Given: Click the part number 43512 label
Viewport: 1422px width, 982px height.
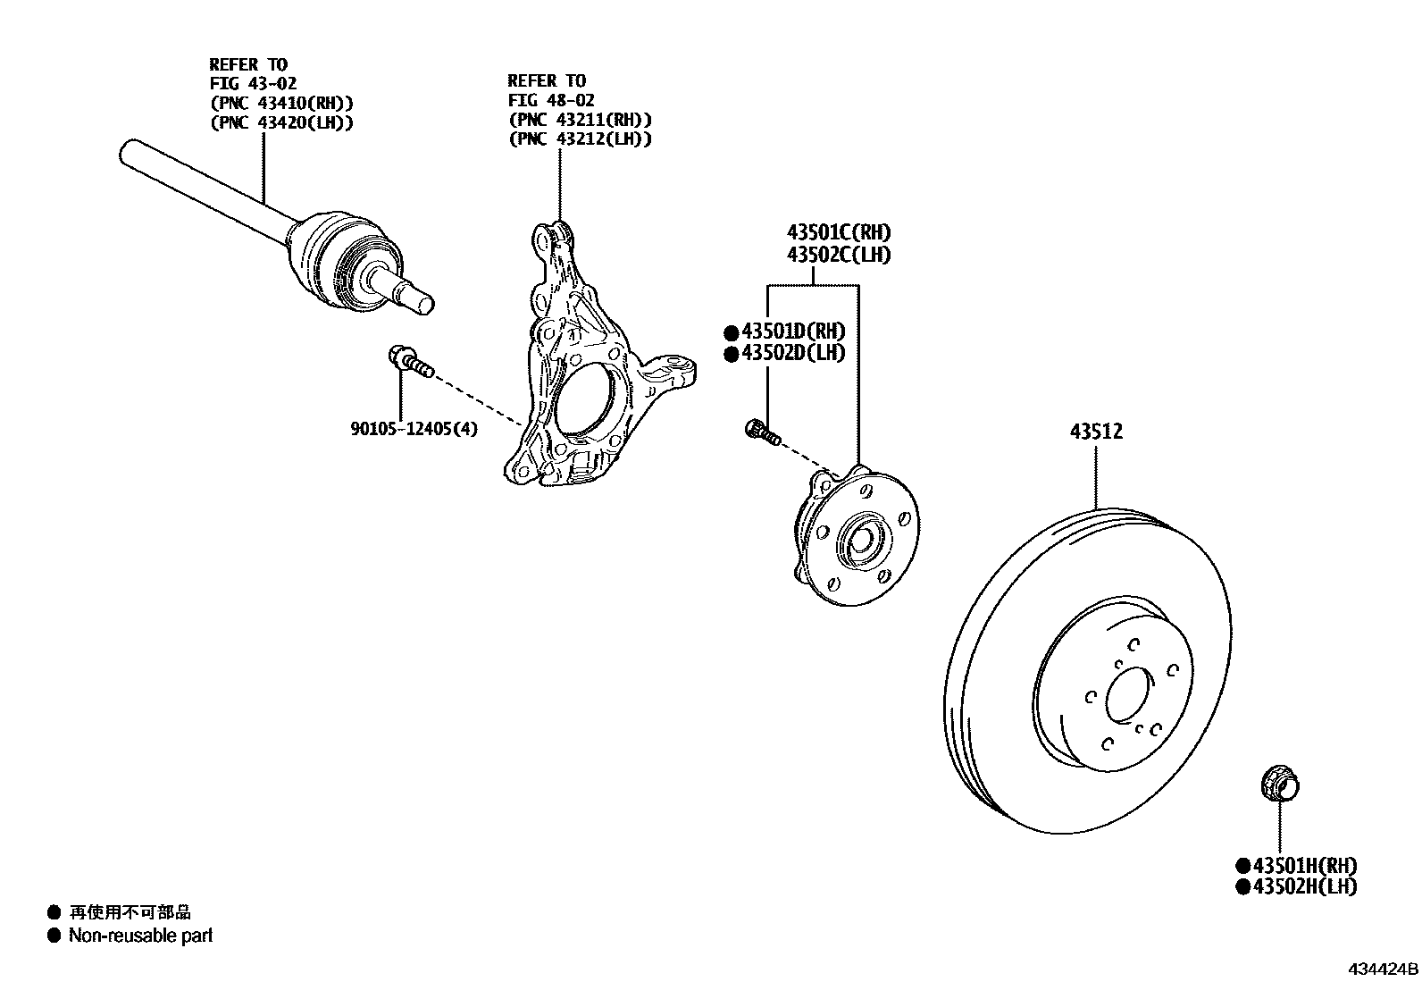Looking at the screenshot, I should [x=1096, y=432].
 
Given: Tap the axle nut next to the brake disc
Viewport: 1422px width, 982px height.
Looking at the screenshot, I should [x=1280, y=786].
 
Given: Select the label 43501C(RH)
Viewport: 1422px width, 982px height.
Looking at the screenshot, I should [x=839, y=233].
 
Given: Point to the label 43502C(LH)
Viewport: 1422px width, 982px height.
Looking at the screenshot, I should [x=839, y=255].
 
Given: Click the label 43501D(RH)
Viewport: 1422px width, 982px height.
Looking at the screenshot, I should [x=792, y=332].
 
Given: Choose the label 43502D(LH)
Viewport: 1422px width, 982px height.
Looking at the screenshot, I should [x=792, y=353].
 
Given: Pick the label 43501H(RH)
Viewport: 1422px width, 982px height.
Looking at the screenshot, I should [x=1304, y=865].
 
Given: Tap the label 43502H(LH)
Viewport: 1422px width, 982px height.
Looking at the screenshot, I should [x=1304, y=886].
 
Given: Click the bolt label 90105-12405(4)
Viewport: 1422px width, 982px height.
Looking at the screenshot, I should [x=414, y=429].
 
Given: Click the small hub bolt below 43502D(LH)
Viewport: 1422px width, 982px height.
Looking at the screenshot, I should [x=762, y=432].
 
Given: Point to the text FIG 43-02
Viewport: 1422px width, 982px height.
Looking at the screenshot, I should [x=254, y=84].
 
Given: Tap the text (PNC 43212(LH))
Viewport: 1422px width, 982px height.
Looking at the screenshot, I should [x=580, y=139].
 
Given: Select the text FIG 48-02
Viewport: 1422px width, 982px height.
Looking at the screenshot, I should [x=551, y=100].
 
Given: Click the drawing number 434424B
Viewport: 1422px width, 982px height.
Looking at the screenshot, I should [x=1383, y=969].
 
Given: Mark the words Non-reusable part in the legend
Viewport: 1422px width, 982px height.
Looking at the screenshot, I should [x=141, y=936].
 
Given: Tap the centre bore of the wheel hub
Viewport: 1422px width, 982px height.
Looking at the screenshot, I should [x=861, y=540].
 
